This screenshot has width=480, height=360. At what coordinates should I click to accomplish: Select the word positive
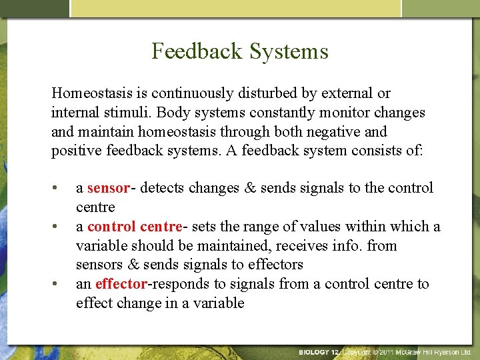pyautogui.click(x=76, y=151)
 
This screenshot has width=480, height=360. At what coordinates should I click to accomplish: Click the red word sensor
pyautogui.click(x=108, y=188)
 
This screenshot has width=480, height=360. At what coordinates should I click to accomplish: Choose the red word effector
pyautogui.click(x=121, y=284)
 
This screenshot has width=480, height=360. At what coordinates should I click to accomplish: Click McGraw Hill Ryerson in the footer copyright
pyautogui.click(x=433, y=351)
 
